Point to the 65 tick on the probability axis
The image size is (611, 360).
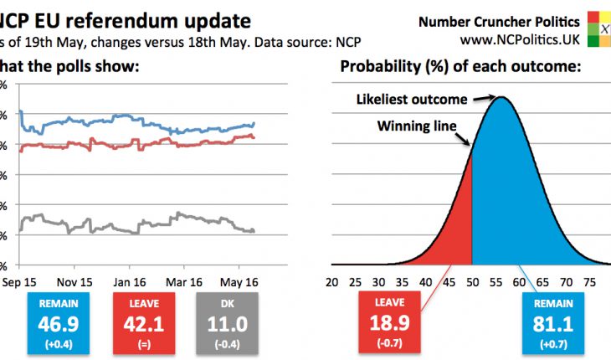coord(542,282)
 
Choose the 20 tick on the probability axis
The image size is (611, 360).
coord(332,282)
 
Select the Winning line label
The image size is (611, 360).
coord(417,126)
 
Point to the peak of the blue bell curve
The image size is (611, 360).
coord(501,97)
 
